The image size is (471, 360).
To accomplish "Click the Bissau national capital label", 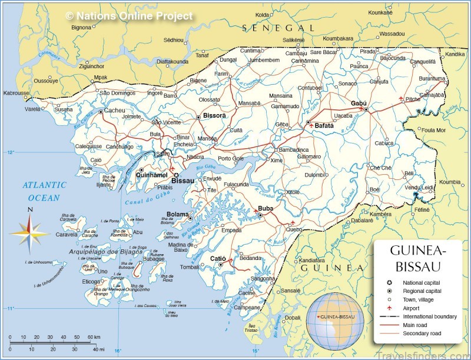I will coord(183,181).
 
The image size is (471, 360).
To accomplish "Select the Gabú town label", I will coord(358,103).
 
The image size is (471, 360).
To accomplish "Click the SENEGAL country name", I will coord(279,28).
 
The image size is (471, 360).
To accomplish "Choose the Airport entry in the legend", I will coord(414,308).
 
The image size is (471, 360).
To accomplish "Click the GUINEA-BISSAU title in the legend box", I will coord(418,258).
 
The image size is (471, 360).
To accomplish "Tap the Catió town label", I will coord(218,258).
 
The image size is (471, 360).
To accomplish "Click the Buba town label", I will coord(266,209).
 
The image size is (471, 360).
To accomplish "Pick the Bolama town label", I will coord(177,214).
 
